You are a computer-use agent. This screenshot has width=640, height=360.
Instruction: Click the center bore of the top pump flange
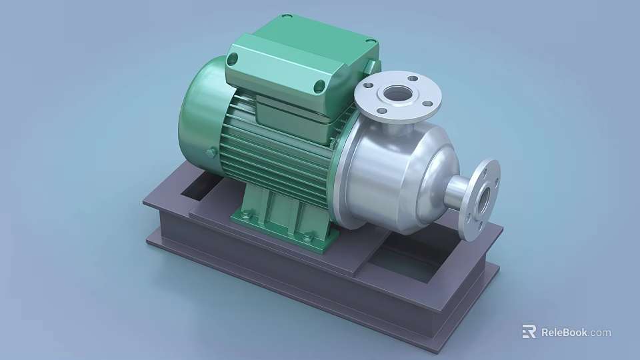click(x=399, y=93)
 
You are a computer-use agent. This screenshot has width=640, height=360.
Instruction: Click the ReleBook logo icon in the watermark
click(x=529, y=331)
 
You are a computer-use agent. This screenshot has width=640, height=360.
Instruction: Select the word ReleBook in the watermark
click(x=563, y=332)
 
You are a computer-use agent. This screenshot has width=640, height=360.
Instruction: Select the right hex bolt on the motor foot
click(x=307, y=235)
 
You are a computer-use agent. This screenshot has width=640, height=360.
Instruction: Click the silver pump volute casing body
click(x=393, y=173)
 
